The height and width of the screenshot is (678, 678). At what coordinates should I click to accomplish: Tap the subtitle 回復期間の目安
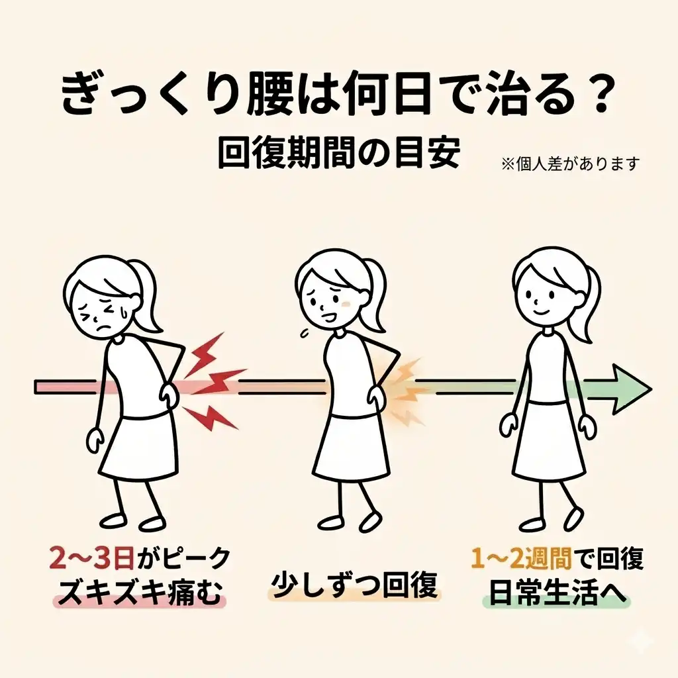(338, 153)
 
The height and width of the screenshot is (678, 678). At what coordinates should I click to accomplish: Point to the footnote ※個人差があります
(570, 163)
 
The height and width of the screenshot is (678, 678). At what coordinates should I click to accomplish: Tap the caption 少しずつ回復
(355, 585)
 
